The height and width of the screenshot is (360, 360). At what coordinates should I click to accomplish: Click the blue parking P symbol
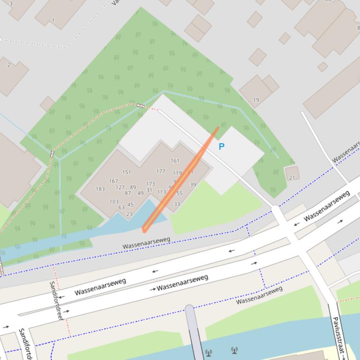pyautogui.click(x=221, y=146)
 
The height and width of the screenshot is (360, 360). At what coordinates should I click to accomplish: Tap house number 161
pyautogui.click(x=175, y=161)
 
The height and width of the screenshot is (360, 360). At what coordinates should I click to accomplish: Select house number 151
pyautogui.click(x=127, y=172)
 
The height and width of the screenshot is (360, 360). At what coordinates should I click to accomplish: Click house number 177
pyautogui.click(x=161, y=172)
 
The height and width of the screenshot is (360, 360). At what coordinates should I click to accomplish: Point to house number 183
pyautogui.click(x=100, y=189)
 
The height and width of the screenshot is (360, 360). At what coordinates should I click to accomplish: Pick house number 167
pyautogui.click(x=113, y=181)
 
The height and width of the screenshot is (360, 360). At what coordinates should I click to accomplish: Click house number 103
pyautogui.click(x=114, y=202)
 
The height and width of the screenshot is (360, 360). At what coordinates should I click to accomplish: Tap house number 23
pyautogui.click(x=129, y=214)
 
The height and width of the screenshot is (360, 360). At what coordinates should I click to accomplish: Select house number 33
pyautogui.click(x=177, y=204)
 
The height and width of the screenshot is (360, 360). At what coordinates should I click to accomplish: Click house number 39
pyautogui.click(x=193, y=185)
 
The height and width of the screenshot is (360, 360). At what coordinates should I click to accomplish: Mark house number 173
pyautogui.click(x=150, y=184)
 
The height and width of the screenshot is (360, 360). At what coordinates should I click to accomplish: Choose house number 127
pyautogui.click(x=120, y=187)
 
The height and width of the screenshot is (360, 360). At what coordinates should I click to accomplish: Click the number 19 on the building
pyautogui.click(x=256, y=100)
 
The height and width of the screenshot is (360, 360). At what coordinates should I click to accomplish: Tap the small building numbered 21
pyautogui.click(x=292, y=178)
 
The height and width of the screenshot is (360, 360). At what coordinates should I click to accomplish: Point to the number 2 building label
pyautogui.click(x=9, y=65)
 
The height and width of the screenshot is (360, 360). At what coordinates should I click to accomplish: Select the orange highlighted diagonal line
pyautogui.click(x=180, y=180)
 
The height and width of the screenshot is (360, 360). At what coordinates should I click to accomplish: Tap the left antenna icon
pyautogui.click(x=208, y=352)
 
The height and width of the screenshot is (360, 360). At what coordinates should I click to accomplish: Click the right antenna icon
pyautogui.click(x=234, y=350)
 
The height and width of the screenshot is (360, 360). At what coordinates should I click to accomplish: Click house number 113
pyautogui.click(x=162, y=192)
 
